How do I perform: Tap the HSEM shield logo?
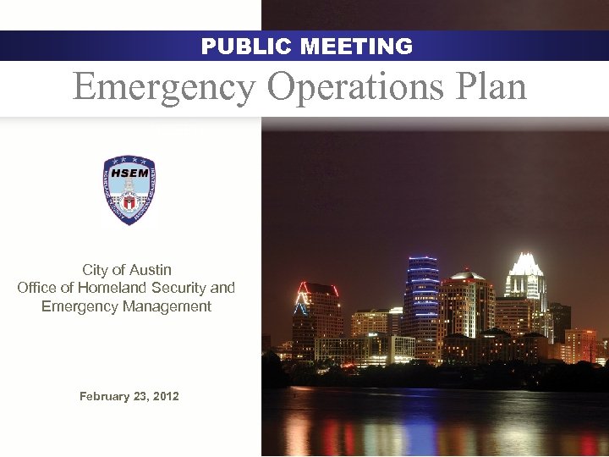click(129, 190)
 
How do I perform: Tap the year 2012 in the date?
click(164, 396)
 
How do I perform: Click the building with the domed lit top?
click(466, 296)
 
